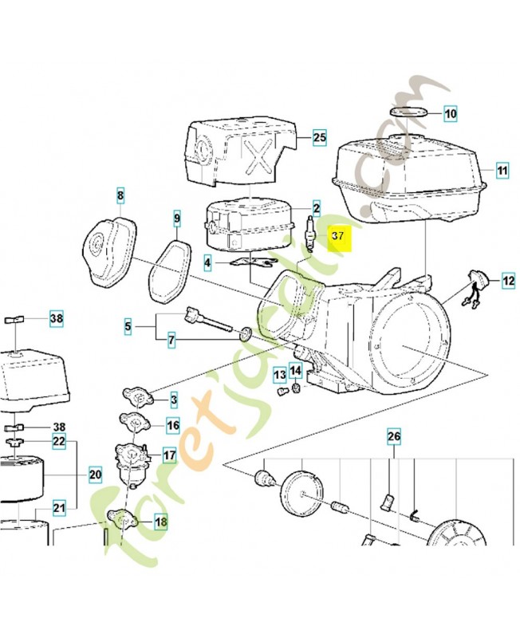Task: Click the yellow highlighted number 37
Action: point(338,237)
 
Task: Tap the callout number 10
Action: point(451,114)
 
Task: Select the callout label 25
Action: point(319,138)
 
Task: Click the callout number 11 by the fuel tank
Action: point(502,171)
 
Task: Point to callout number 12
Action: point(508,281)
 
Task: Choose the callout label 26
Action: point(394,436)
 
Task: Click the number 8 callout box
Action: point(120,195)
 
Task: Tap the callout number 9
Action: point(177,218)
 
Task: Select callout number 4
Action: point(207,262)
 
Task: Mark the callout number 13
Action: point(279,374)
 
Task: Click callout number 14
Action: point(295,370)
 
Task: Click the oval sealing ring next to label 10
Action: point(408,111)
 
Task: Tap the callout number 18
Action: point(161,523)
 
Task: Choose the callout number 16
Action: point(172,424)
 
